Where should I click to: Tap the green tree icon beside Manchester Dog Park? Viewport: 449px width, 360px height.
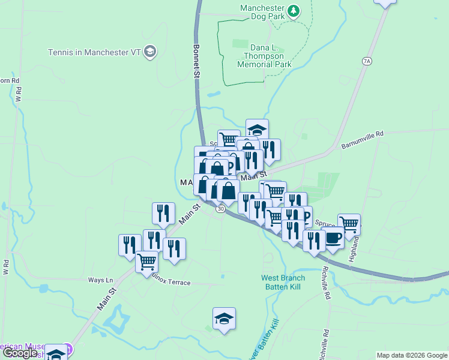pos(293,11)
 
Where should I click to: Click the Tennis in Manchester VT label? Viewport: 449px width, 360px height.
pos(94,52)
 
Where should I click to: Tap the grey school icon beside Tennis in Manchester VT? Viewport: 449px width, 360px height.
pos(150,52)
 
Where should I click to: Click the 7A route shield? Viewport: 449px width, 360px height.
pos(367,61)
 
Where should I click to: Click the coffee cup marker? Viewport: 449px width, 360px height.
pos(333,237)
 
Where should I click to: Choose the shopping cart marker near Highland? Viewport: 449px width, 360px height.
pos(349,224)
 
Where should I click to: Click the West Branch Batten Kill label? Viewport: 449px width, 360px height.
pos(283,282)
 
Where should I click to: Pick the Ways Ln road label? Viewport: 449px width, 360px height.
pos(100,280)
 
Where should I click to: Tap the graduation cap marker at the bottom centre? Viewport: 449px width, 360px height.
pos(224,318)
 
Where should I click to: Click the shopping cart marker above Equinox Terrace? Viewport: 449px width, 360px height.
pos(147,261)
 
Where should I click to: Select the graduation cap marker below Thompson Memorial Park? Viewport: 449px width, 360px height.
pos(257,130)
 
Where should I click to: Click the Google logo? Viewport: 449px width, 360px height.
pos(20,353)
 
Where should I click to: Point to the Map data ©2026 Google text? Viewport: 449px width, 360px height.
pos(411,355)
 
